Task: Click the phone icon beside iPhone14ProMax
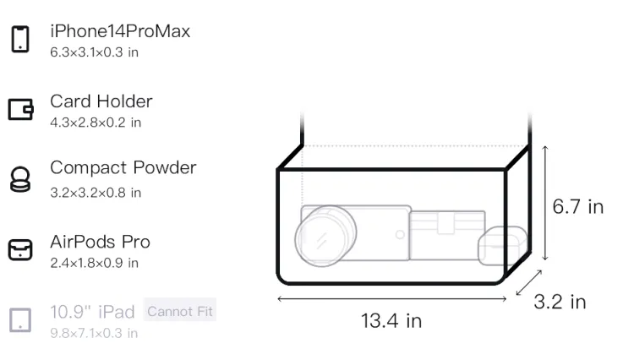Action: click(20, 39)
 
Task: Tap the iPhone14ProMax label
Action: click(120, 31)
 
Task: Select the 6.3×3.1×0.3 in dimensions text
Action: click(94, 52)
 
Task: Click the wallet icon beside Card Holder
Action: click(20, 109)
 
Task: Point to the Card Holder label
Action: click(101, 101)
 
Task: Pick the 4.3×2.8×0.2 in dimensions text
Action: click(96, 123)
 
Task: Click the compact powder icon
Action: click(20, 179)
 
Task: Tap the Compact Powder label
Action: click(123, 167)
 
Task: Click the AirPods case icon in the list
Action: click(20, 249)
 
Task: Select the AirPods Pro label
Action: click(101, 242)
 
